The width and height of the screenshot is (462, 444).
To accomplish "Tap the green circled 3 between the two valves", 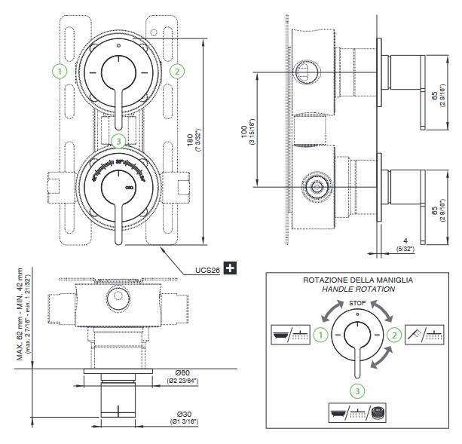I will pos(117,140).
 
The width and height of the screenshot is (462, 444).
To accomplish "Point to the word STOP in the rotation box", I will pos(359,302).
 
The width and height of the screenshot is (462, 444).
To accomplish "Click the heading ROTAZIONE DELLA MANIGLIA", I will pos(359,280).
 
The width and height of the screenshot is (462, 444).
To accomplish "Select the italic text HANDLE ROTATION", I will pos(359,289).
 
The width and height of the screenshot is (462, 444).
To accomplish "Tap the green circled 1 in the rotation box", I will pos(322,335).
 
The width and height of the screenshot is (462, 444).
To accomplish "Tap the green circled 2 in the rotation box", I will pos(393,335).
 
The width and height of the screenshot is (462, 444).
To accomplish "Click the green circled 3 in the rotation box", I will pos(358,389).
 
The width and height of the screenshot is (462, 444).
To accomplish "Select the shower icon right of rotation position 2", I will pos(425,334).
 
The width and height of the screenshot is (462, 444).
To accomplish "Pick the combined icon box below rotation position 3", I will pos(358,413).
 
